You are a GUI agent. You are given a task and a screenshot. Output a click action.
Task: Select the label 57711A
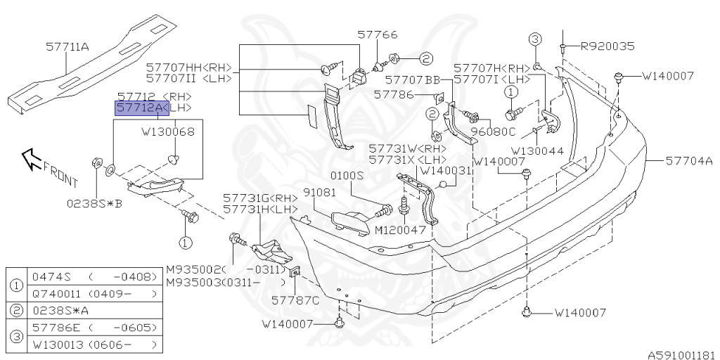coord(67,46)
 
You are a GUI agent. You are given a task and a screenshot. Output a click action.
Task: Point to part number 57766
coord(377,34)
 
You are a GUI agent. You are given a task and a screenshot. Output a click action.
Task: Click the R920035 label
coord(607,46)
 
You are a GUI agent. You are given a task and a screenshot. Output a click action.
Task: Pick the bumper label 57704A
coord(689,161)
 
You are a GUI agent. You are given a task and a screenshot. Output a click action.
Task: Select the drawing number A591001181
coord(681,354)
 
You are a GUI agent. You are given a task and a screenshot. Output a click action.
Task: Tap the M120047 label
coord(400,230)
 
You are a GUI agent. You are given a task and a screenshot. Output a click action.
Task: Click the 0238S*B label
coord(95,204)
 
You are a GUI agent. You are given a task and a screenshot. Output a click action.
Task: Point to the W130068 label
coord(168,131)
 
